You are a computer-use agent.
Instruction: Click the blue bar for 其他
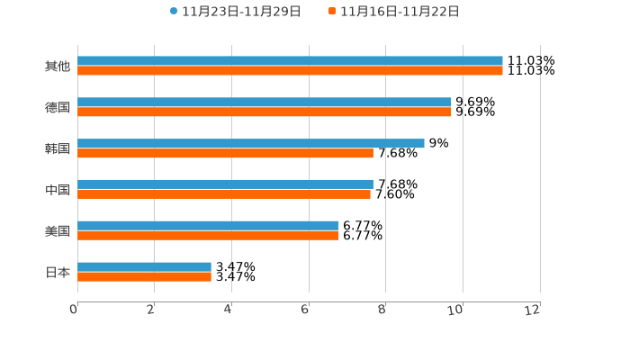tap(290, 61)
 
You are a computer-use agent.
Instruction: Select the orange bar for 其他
tap(290, 70)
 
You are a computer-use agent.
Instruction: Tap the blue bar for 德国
tap(265, 103)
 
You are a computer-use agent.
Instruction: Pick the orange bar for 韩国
tap(225, 153)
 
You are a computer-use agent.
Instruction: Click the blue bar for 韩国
tap(251, 143)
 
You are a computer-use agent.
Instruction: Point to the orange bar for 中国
tap(224, 193)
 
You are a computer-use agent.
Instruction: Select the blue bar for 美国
tap(208, 226)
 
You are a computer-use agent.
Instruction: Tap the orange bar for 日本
tap(144, 276)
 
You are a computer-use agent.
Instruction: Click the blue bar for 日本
tap(144, 266)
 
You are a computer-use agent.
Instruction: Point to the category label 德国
tap(58, 108)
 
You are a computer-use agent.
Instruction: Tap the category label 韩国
tap(58, 148)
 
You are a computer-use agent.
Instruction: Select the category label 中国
tap(58, 190)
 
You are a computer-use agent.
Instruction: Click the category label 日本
tap(58, 272)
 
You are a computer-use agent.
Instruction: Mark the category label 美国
tap(58, 231)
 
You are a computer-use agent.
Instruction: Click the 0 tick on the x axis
tap(74, 310)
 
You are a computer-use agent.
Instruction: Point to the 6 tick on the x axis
tap(305, 310)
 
